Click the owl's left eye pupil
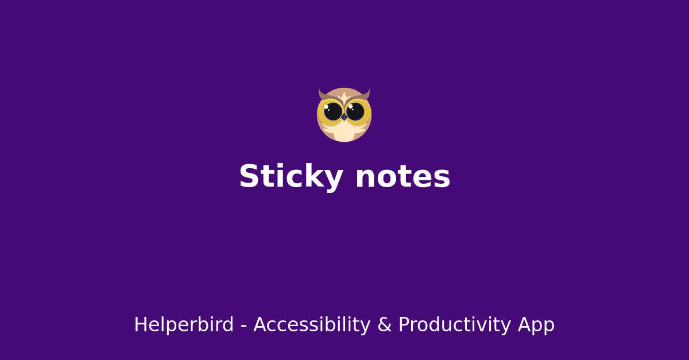pyautogui.click(x=333, y=111)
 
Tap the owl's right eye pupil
pyautogui.click(x=355, y=111)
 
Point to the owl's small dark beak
pyautogui.click(x=344, y=117)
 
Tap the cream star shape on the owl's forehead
pyautogui.click(x=344, y=96)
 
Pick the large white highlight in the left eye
pyautogui.click(x=326, y=107)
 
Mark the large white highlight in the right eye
pyautogui.click(x=350, y=106)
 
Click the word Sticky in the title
pyautogui.click(x=290, y=177)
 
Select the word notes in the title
pyautogui.click(x=402, y=177)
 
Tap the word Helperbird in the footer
pyautogui.click(x=184, y=325)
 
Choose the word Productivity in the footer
pyautogui.click(x=454, y=325)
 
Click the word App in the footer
pyautogui.click(x=536, y=325)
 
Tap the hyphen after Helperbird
pyautogui.click(x=243, y=326)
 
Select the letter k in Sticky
pyautogui.click(x=313, y=177)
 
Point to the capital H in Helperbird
pyautogui.click(x=140, y=325)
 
